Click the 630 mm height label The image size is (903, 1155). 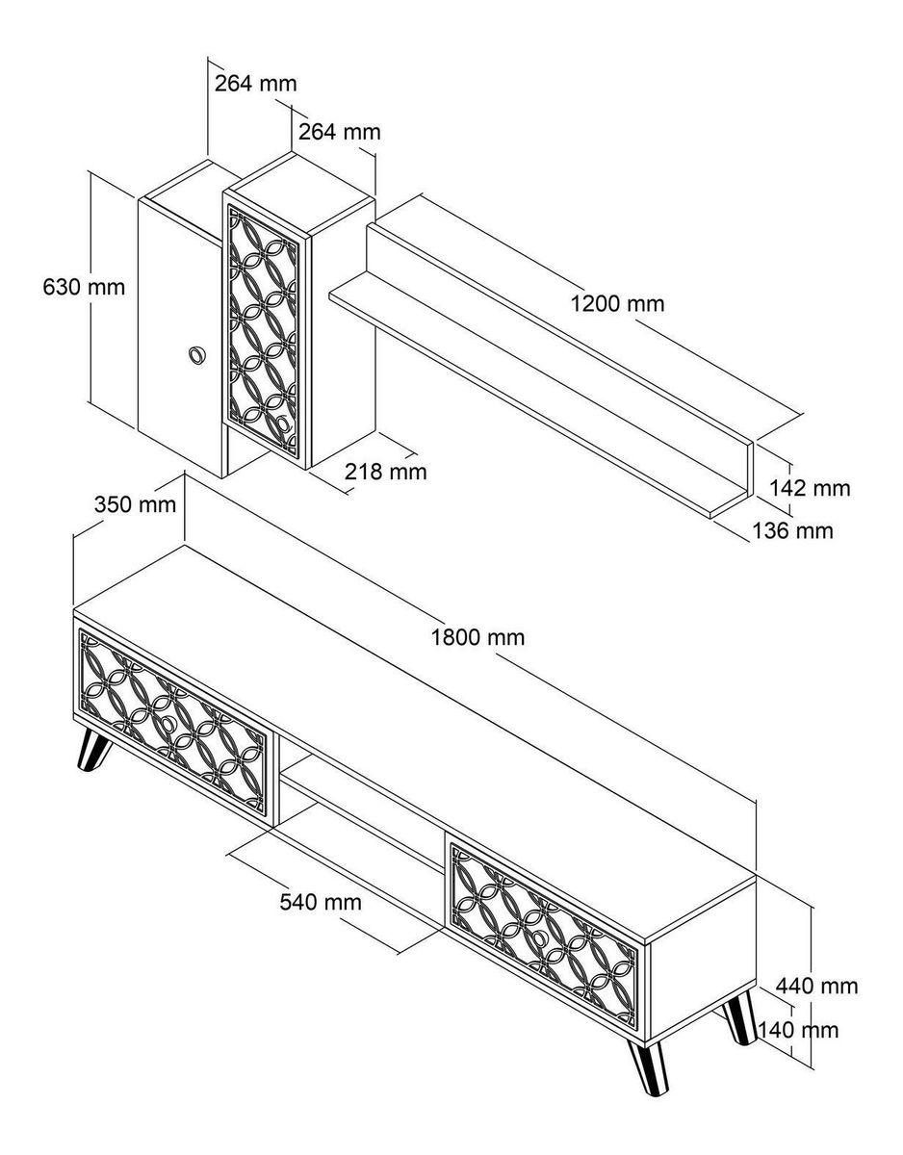[85, 287]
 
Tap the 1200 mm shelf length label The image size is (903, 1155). [617, 304]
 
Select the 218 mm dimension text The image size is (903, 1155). [385, 472]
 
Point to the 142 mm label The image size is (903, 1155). [810, 488]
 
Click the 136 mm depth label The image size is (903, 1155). [793, 530]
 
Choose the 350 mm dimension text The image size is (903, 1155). [135, 504]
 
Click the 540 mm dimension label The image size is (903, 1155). [321, 902]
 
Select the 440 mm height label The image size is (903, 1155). [817, 986]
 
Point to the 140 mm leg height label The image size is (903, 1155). [799, 1030]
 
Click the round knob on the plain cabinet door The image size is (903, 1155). [196, 355]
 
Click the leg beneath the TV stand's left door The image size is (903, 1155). [91, 751]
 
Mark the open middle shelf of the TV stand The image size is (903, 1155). [361, 799]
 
